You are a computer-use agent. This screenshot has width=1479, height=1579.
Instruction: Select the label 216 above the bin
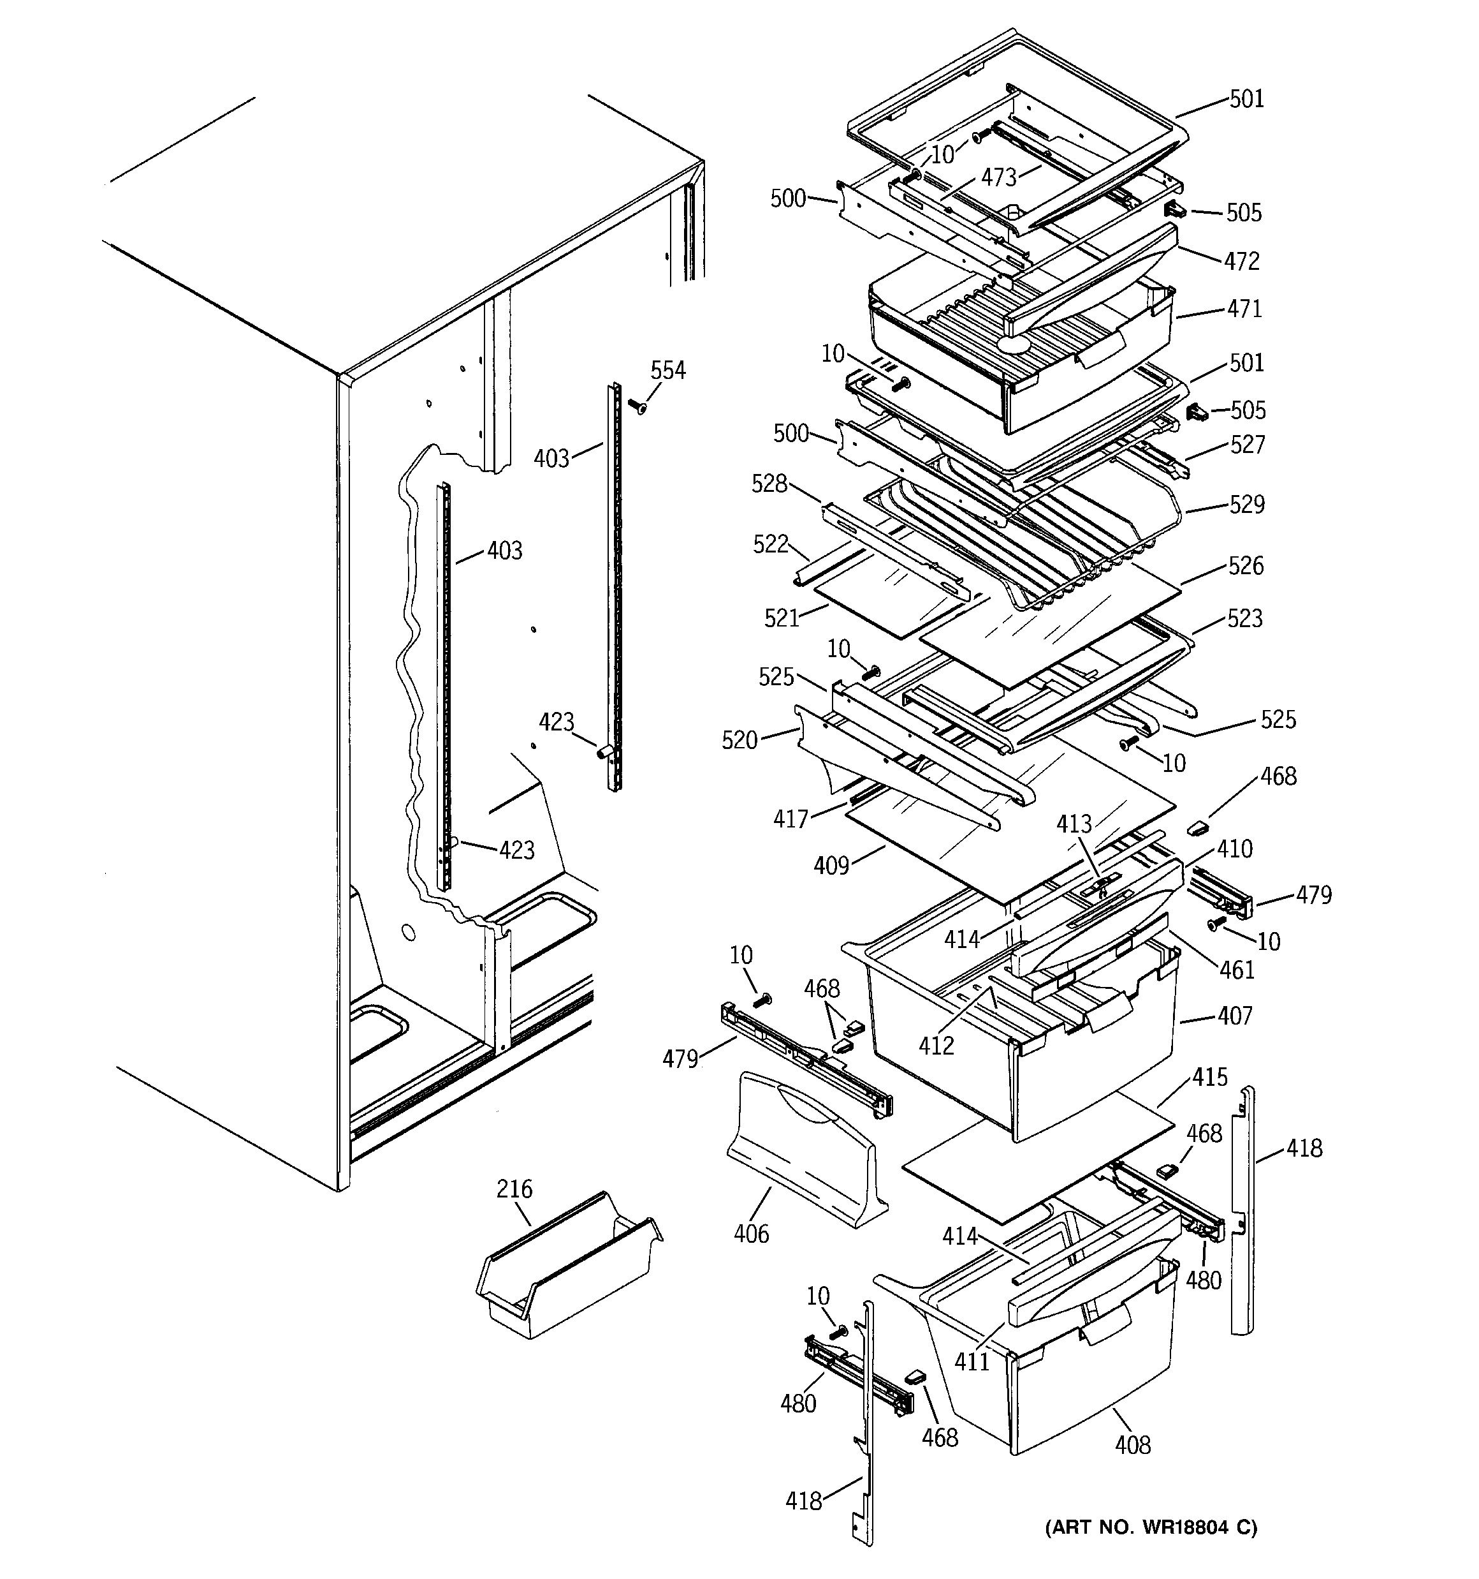pyautogui.click(x=514, y=1189)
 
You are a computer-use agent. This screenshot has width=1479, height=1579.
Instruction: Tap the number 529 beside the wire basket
pyautogui.click(x=1247, y=505)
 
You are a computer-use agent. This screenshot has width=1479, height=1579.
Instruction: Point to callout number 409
pyautogui.click(x=831, y=866)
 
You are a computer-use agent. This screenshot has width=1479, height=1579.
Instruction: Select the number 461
pyautogui.click(x=1237, y=970)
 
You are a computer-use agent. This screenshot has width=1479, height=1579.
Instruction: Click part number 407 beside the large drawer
pyautogui.click(x=1234, y=1016)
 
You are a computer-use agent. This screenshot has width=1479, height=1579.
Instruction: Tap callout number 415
pyautogui.click(x=1210, y=1078)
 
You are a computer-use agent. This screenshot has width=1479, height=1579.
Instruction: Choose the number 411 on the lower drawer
pyautogui.click(x=972, y=1362)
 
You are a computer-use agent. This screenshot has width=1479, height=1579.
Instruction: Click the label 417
pyautogui.click(x=790, y=819)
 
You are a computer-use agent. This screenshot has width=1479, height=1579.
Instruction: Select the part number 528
pyautogui.click(x=769, y=484)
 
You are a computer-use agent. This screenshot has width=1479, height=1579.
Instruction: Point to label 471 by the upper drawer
pyautogui.click(x=1244, y=309)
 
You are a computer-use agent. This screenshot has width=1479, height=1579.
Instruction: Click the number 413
pyautogui.click(x=1074, y=824)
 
